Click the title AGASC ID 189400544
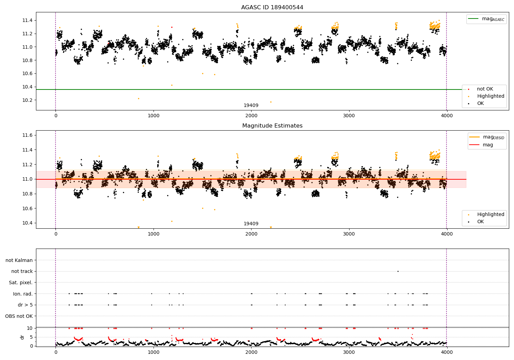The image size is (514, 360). coord(272,8)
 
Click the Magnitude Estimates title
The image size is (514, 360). coord(272,126)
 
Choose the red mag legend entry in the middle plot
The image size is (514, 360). coord(488,145)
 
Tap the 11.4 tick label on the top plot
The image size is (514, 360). coord(27,21)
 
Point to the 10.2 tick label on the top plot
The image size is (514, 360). coord(27,100)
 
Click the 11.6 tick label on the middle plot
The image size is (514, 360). coord(27,135)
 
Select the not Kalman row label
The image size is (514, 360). coord(19,260)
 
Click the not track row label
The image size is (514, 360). coord(22,272)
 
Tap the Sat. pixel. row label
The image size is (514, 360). coord(21,283)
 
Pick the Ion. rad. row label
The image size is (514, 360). coord(23,294)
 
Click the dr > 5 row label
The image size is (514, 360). coord(25,305)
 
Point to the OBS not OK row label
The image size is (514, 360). coord(19,316)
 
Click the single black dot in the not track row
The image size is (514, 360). coord(398,271)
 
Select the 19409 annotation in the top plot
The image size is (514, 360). coord(251,106)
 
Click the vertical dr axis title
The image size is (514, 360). coord(22,337)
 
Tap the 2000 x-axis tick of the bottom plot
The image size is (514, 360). coord(252,351)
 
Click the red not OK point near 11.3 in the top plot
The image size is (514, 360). coord(172,27)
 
